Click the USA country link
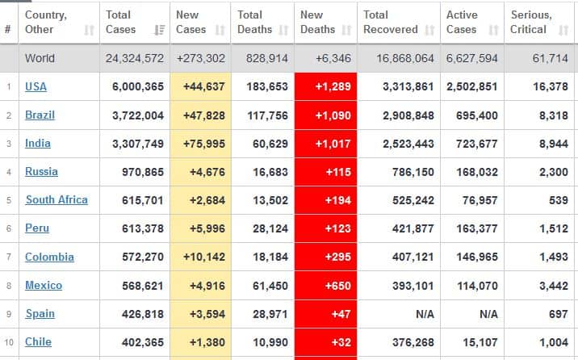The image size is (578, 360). pyautogui.click(x=36, y=86)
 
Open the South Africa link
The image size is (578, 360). pyautogui.click(x=57, y=199)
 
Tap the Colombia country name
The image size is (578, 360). pyautogui.click(x=49, y=257)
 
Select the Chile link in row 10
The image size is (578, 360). pyautogui.click(x=38, y=342)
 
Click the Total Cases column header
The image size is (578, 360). pyautogui.click(x=120, y=22)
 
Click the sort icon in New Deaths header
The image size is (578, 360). pyautogui.click(x=346, y=30)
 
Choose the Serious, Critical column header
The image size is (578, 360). pyautogui.click(x=531, y=22)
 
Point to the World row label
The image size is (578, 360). pyautogui.click(x=40, y=58)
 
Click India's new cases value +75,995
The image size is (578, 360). pyautogui.click(x=204, y=144)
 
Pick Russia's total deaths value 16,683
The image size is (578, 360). pyautogui.click(x=270, y=172)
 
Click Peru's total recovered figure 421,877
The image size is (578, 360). pyautogui.click(x=413, y=228)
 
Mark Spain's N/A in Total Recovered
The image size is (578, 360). pyautogui.click(x=425, y=314)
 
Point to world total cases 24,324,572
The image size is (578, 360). pyautogui.click(x=135, y=58)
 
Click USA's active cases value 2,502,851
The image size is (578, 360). pyautogui.click(x=472, y=86)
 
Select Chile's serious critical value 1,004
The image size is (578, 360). pyautogui.click(x=554, y=342)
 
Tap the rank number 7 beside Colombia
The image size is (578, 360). pyautogui.click(x=9, y=257)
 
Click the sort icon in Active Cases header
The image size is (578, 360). pyautogui.click(x=493, y=30)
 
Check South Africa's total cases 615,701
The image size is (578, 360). pyautogui.click(x=143, y=200)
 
